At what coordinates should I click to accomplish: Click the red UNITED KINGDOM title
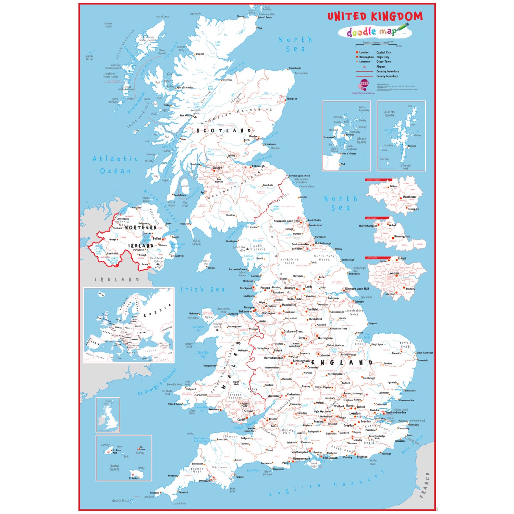click(375, 16)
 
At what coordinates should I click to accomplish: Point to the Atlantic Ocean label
click(115, 165)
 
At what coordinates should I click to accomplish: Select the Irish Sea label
click(203, 290)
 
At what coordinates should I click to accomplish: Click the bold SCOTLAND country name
click(224, 131)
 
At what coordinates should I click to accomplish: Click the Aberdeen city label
click(292, 99)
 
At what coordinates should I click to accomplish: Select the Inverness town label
click(227, 80)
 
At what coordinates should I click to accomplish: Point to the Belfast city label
click(157, 238)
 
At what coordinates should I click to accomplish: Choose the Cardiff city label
click(241, 419)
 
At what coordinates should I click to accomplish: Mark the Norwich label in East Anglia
click(396, 353)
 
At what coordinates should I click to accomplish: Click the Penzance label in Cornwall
click(155, 493)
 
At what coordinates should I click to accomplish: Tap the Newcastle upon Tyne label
click(286, 221)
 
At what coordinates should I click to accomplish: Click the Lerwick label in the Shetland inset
click(412, 146)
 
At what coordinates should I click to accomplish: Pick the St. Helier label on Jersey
click(133, 478)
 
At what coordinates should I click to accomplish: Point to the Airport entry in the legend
click(381, 67)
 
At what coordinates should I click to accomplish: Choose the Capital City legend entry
click(383, 52)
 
